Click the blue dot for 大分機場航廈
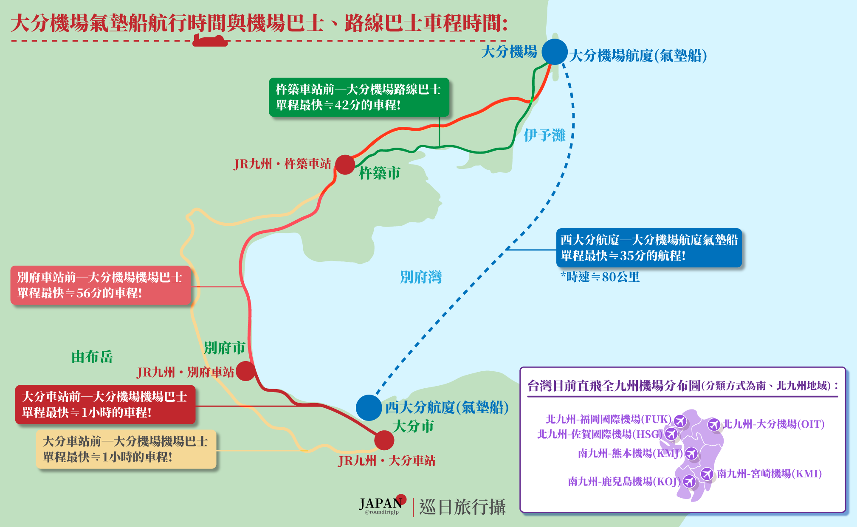pos(555,52)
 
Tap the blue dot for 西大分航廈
pos(369,407)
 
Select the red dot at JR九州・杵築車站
pos(345,165)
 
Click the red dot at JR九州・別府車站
pos(245,371)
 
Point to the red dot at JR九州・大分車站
pos(384,440)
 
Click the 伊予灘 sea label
pos(544,135)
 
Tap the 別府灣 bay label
pos(420,277)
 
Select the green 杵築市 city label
pos(379,173)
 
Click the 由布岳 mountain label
pos(92,357)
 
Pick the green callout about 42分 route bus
pos(359,97)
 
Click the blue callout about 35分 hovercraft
pos(648,248)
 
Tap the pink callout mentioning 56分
pos(101,285)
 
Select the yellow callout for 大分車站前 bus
pos(126,449)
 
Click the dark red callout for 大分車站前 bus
pos(105,404)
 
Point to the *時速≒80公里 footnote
pos(600,277)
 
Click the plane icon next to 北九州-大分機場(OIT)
pos(714,424)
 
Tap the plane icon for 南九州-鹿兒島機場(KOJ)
pos(689,481)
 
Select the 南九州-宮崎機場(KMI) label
pos(769,474)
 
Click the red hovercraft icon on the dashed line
pos(210,41)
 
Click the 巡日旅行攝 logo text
pos(462,507)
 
